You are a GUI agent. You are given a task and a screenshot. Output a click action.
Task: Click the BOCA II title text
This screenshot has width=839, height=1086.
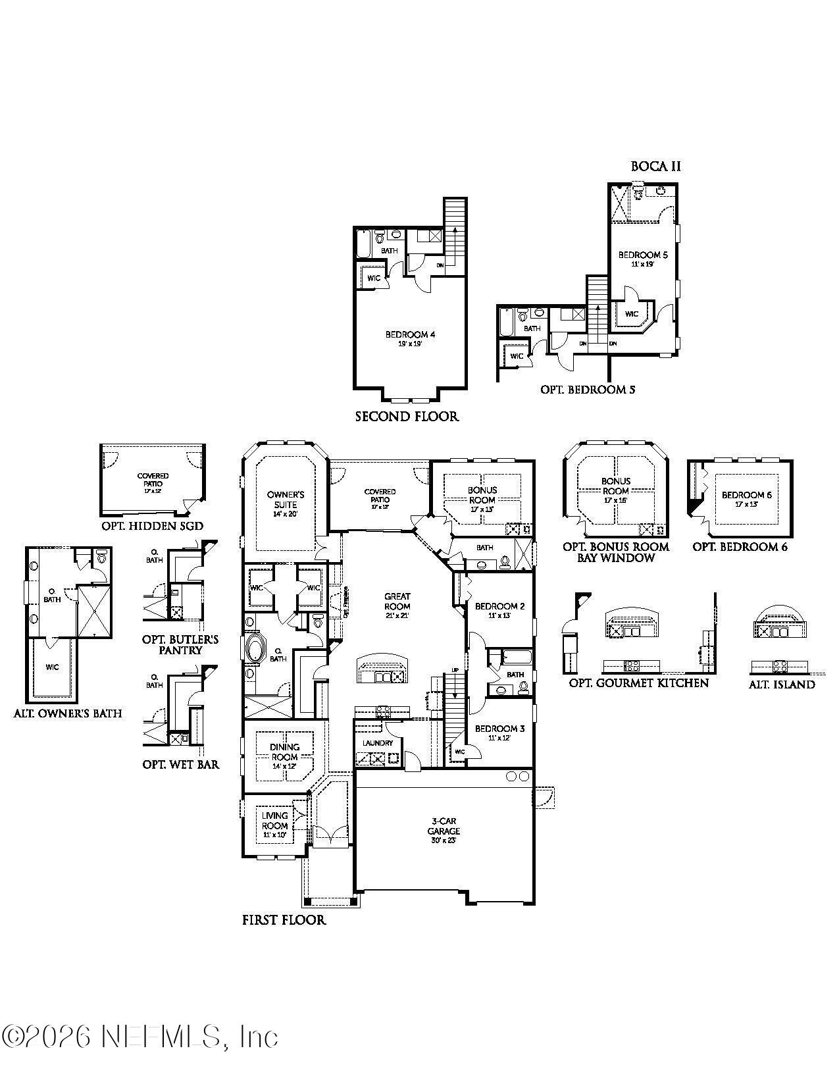[x=655, y=167]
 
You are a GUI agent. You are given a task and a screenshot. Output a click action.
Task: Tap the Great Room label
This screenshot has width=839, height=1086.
[x=397, y=602]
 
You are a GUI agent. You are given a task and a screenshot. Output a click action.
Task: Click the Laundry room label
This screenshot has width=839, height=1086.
[x=378, y=743]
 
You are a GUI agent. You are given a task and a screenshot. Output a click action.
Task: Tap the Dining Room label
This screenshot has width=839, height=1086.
[x=285, y=752]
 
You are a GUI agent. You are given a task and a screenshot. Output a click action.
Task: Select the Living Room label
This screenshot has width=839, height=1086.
[x=275, y=821]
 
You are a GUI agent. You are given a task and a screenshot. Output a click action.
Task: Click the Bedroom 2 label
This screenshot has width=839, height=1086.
[x=499, y=606]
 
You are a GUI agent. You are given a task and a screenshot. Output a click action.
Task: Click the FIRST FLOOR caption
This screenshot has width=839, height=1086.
[x=284, y=920]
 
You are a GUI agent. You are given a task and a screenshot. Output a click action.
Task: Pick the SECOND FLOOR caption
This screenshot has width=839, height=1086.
[x=407, y=417]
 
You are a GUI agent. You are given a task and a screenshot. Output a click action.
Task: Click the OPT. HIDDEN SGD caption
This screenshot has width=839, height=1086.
[x=152, y=526]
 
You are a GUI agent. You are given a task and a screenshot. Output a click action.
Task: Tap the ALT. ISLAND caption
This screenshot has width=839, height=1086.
[x=782, y=685]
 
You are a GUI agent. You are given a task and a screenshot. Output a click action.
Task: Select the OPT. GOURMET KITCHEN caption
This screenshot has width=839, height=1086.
[x=638, y=683]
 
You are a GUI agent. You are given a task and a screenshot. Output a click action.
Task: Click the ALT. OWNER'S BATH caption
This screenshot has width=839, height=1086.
[x=68, y=713]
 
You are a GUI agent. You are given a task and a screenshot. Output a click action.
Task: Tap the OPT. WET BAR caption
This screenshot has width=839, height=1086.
[x=181, y=765]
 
